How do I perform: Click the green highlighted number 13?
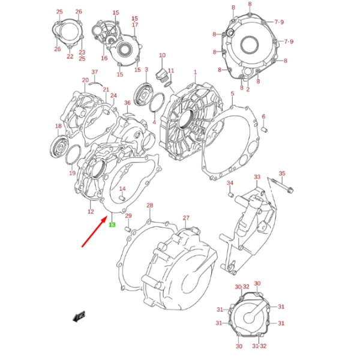[112, 225]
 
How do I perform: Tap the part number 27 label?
[186, 218]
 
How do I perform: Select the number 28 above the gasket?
[150, 206]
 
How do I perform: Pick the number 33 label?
[257, 178]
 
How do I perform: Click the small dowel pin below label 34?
[229, 194]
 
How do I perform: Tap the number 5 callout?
[232, 94]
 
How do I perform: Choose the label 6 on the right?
[263, 116]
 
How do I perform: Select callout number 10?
[162, 56]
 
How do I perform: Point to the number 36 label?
[127, 103]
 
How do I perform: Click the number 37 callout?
[94, 73]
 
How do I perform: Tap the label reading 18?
[59, 126]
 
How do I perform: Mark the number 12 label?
[91, 211]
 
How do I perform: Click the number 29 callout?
[128, 217]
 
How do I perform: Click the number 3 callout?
[146, 70]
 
